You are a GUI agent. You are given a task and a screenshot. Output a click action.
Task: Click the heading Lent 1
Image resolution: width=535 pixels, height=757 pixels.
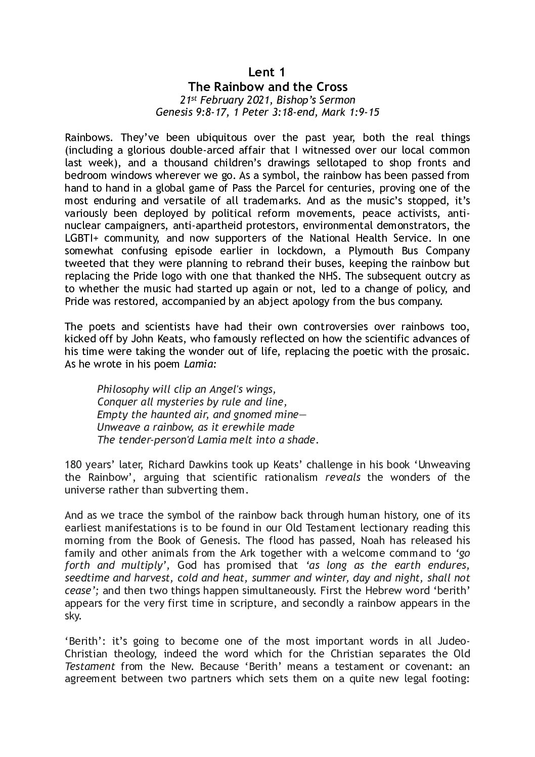[x=268, y=72]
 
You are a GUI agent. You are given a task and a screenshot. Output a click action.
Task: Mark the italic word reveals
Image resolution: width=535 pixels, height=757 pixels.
[x=343, y=478]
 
